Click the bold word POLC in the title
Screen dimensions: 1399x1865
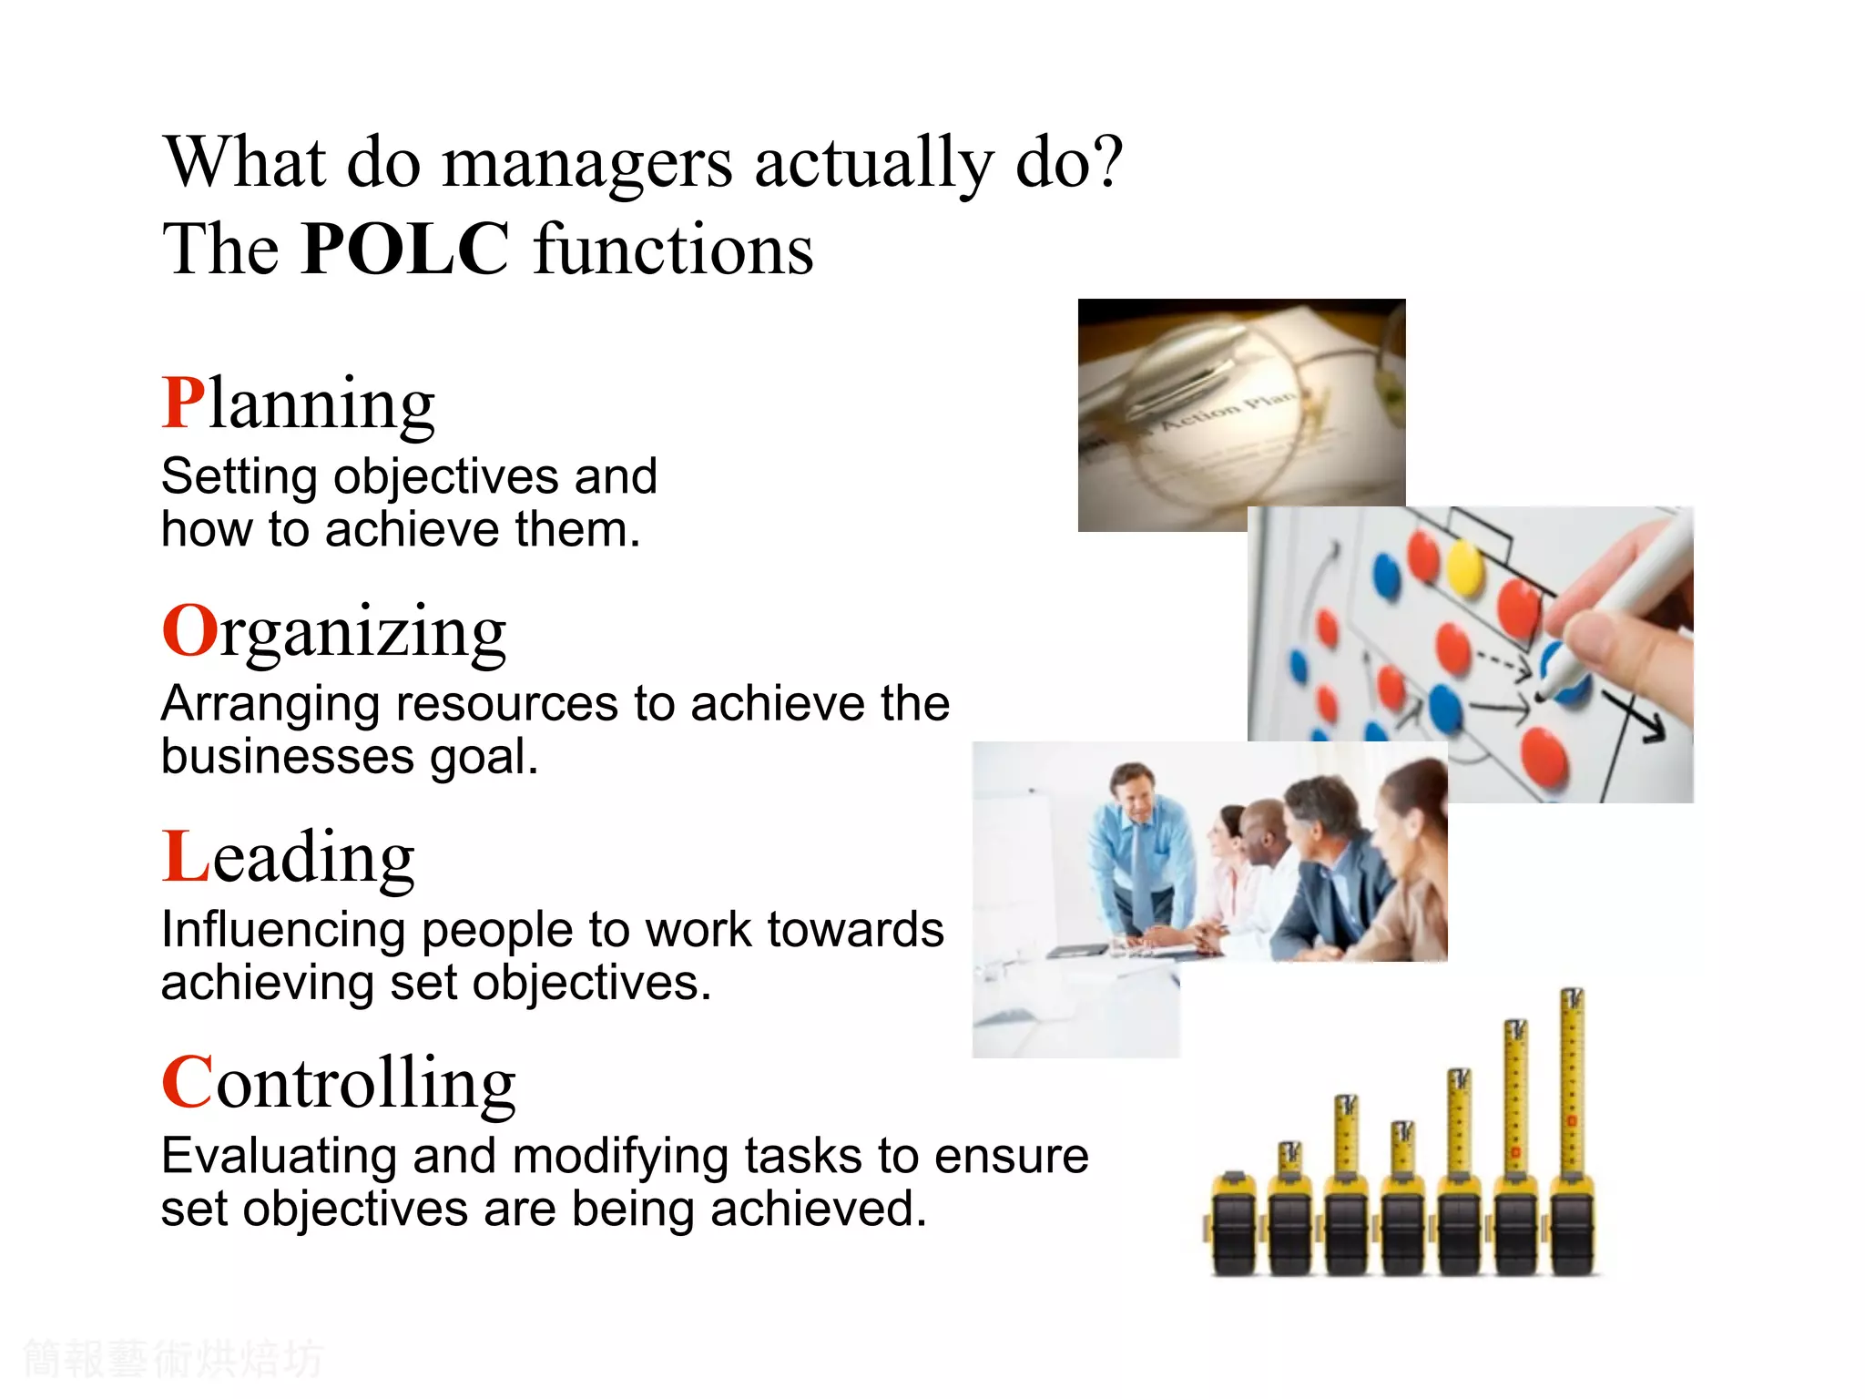(x=405, y=249)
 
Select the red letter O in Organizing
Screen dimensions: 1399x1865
(x=189, y=630)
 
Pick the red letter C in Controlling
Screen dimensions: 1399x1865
(x=188, y=1083)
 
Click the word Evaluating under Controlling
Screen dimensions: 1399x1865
(x=279, y=1157)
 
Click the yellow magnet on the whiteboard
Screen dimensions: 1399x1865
(x=1464, y=567)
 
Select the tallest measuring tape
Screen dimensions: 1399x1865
(x=1572, y=1129)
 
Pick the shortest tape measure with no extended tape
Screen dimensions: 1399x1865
(x=1234, y=1225)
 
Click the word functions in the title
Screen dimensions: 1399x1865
(x=673, y=249)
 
